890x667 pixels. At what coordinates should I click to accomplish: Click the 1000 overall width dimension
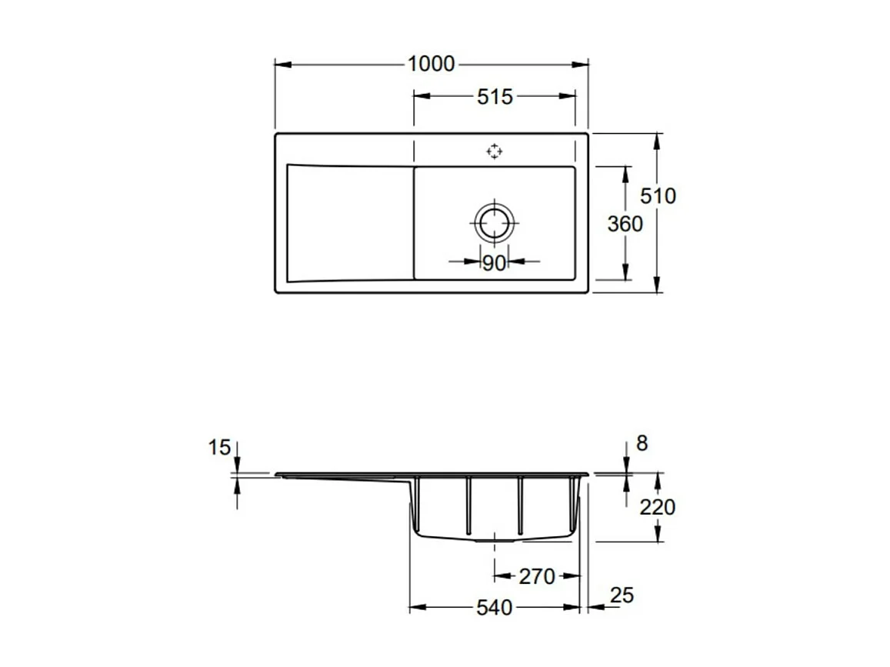pos(431,64)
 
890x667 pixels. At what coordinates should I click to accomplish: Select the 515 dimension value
pos(494,97)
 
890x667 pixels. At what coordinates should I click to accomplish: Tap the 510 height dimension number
pos(658,196)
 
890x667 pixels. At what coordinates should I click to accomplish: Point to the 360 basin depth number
pos(625,224)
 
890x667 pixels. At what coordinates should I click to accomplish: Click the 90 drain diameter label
pos(494,263)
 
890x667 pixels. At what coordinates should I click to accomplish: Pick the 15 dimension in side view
pos(219,447)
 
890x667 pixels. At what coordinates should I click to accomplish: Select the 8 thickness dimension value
pos(642,443)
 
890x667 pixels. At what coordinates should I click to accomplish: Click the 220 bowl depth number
pos(658,507)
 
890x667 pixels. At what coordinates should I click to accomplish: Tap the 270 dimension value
pos(536,576)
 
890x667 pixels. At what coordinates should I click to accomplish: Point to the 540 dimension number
pos(494,608)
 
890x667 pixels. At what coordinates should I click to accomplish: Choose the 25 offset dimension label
pos(622,595)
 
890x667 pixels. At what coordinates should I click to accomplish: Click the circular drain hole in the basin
pos(493,223)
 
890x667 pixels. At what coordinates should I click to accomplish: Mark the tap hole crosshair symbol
pos(494,152)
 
